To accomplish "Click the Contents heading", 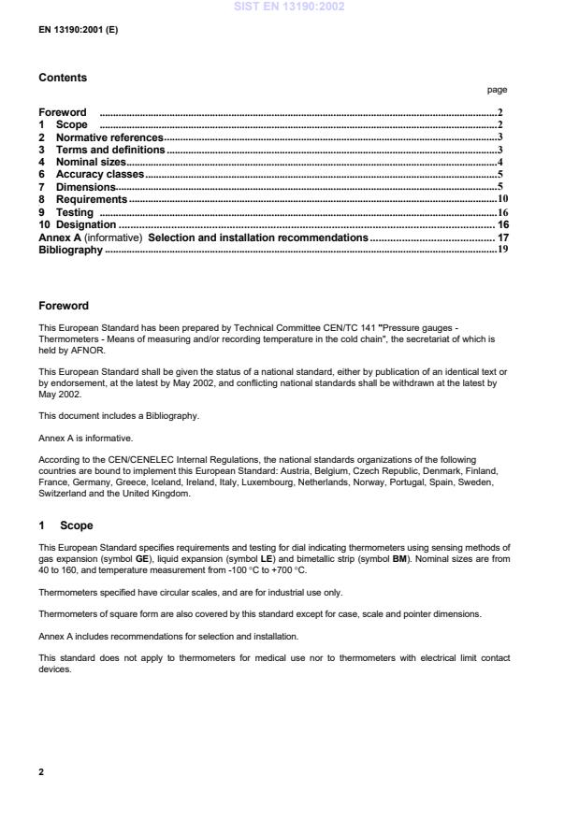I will point(63,79).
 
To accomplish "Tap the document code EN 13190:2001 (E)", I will point(78,29).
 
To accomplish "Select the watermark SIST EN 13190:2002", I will point(289,7).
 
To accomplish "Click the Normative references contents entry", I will point(109,137).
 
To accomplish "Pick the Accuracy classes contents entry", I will point(99,174).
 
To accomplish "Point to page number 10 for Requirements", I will point(502,199).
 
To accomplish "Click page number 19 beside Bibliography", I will point(502,250).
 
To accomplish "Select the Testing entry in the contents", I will point(74,212).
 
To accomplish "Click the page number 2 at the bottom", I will point(41,773).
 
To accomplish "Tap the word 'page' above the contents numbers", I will point(498,91).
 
